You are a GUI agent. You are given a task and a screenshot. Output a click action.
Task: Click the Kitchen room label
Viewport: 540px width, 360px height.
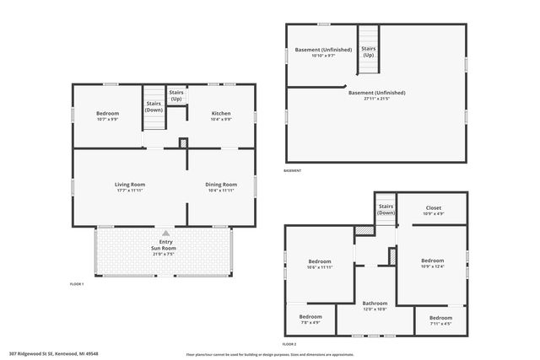point(221,116)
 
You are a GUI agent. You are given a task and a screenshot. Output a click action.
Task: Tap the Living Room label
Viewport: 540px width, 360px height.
point(130,187)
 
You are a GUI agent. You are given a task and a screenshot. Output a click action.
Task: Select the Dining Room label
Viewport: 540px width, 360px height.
point(221,187)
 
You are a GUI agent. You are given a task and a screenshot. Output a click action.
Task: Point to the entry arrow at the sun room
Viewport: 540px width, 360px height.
point(165,233)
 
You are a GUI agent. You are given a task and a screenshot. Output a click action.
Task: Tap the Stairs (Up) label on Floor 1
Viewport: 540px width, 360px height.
point(176,95)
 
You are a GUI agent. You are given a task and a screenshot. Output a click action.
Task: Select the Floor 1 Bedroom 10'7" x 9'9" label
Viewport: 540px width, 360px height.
point(107,116)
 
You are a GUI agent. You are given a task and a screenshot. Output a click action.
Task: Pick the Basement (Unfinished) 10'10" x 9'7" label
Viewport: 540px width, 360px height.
point(320,53)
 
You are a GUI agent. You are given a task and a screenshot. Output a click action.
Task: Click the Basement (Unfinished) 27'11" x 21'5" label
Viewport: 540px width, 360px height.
point(377,95)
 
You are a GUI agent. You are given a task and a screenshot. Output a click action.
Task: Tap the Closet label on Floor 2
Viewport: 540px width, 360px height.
point(433,210)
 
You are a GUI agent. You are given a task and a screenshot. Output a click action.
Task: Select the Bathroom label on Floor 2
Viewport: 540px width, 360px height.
point(375,305)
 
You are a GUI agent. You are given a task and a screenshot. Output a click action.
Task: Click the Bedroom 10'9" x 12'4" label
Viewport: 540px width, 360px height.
point(432,263)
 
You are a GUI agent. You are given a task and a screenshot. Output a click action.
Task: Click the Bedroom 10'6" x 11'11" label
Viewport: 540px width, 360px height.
point(320,263)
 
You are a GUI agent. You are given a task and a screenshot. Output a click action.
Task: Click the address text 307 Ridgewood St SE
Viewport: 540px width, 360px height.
point(53,354)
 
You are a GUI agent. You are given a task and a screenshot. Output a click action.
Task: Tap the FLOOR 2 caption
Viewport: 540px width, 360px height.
point(289,344)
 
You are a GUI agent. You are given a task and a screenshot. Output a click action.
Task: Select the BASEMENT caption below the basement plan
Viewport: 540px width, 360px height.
point(292,170)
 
